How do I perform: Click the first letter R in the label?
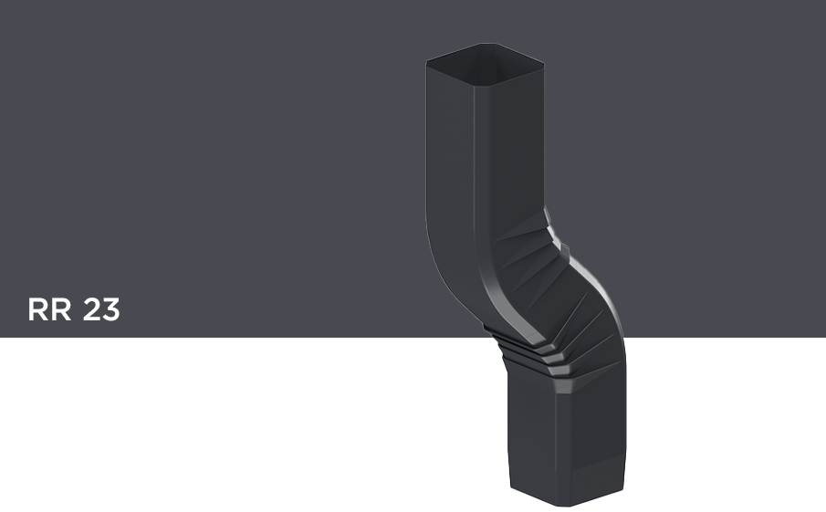pos(37,309)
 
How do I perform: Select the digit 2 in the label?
pos(91,309)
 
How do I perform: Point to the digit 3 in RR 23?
pos(110,309)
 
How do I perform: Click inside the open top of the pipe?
pos(485,63)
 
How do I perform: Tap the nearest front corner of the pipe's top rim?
pos(474,86)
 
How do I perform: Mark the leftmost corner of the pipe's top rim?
pos(427,62)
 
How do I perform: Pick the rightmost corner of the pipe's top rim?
pos(543,65)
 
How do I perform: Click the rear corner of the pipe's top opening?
pos(488,44)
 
